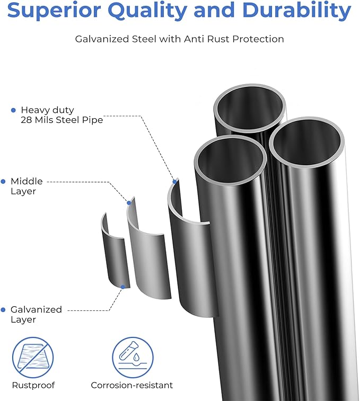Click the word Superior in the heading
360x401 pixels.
(x=54, y=10)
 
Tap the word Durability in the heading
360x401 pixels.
(x=296, y=11)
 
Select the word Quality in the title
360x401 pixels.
(x=148, y=11)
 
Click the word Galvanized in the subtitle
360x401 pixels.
(x=102, y=39)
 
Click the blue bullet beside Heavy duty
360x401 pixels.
(x=14, y=110)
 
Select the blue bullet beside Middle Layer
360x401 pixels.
(x=3, y=182)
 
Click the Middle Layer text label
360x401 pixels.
(x=27, y=186)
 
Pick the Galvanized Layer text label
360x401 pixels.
(x=36, y=315)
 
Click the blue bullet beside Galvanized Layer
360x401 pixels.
(x=3, y=310)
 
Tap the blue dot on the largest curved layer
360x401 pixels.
(x=175, y=182)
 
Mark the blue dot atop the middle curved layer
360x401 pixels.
(x=129, y=203)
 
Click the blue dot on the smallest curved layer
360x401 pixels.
(x=123, y=287)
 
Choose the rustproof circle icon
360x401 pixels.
(x=33, y=358)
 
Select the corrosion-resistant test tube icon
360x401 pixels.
(x=133, y=358)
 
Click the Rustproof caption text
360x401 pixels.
(x=33, y=386)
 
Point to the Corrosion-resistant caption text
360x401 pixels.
(x=132, y=386)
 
